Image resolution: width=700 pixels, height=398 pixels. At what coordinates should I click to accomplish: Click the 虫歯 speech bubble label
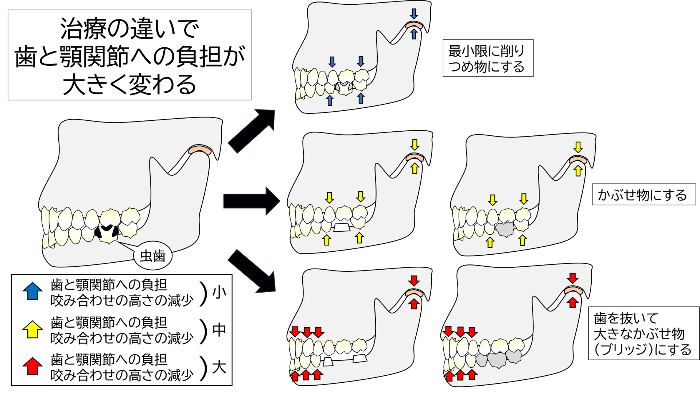pyautogui.click(x=153, y=256)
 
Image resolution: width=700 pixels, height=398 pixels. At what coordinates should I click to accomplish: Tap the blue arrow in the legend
pyautogui.click(x=32, y=291)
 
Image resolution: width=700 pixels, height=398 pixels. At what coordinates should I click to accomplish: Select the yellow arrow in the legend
pyautogui.click(x=32, y=329)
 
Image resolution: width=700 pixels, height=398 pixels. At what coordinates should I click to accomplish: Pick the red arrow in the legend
pyautogui.click(x=32, y=366)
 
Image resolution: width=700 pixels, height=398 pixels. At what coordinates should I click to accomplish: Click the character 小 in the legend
pyautogui.click(x=219, y=292)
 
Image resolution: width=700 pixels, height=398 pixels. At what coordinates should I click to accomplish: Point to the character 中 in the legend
pyautogui.click(x=219, y=330)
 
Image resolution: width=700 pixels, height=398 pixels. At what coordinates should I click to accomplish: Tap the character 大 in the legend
pyautogui.click(x=219, y=367)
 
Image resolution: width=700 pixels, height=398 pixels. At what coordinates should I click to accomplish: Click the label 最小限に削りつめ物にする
pyautogui.click(x=488, y=58)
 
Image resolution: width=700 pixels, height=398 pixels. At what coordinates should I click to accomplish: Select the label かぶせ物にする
pyautogui.click(x=643, y=195)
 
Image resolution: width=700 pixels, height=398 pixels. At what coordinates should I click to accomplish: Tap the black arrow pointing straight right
pyautogui.click(x=252, y=201)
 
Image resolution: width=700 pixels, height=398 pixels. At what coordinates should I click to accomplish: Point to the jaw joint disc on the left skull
pyautogui.click(x=201, y=150)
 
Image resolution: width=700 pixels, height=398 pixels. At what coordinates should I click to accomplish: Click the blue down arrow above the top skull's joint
pyautogui.click(x=414, y=14)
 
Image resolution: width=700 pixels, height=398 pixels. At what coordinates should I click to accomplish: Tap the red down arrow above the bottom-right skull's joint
pyautogui.click(x=572, y=278)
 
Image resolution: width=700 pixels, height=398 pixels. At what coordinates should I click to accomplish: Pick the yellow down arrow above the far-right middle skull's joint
pyautogui.click(x=578, y=147)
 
